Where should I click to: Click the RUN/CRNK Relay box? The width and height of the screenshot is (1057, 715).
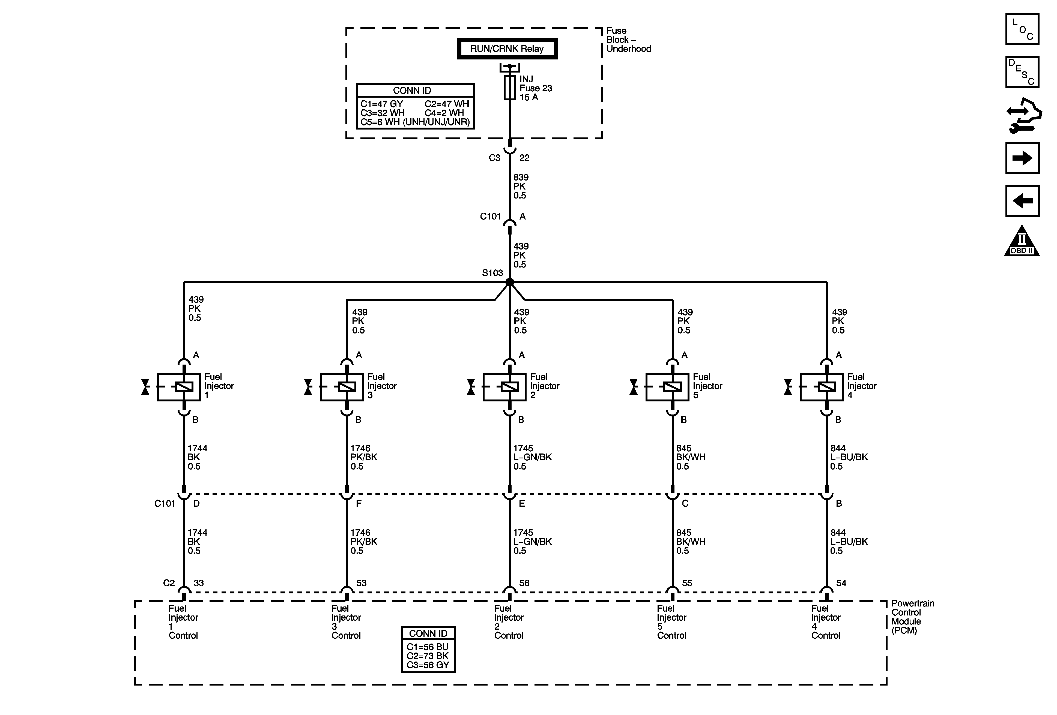tap(507, 49)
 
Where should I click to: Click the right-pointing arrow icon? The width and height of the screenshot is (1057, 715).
tap(1022, 158)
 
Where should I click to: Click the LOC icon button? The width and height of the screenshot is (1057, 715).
tap(1022, 29)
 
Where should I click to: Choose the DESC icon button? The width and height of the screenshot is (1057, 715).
tap(1022, 72)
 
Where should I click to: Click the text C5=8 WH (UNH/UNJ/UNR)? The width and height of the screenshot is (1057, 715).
tap(415, 122)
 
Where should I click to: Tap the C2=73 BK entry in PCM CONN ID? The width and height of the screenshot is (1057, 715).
tap(428, 656)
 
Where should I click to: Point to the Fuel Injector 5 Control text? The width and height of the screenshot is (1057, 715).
tap(671, 622)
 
